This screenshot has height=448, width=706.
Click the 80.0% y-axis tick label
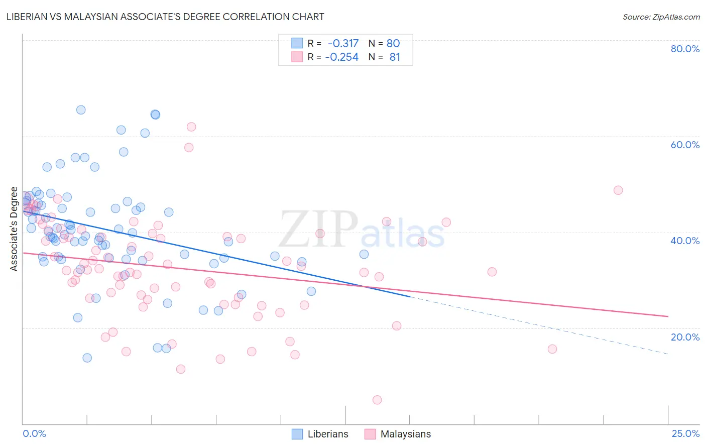pyautogui.click(x=685, y=49)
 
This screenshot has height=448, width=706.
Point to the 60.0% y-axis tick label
pyautogui.click(x=685, y=145)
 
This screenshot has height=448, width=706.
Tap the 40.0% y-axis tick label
pyautogui.click(x=685, y=241)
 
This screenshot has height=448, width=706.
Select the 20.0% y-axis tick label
pyautogui.click(x=685, y=337)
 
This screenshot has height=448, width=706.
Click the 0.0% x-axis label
pyautogui.click(x=34, y=433)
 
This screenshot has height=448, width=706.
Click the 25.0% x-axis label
pyautogui.click(x=685, y=433)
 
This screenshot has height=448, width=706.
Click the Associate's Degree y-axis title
pyautogui.click(x=14, y=229)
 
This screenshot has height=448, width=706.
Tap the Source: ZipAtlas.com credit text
pyautogui.click(x=661, y=17)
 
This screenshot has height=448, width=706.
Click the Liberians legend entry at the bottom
pyautogui.click(x=327, y=434)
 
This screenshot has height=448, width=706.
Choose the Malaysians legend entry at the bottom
pyautogui.click(x=405, y=434)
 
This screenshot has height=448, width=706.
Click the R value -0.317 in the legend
pyautogui.click(x=343, y=44)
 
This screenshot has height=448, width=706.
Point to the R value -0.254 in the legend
pyautogui.click(x=342, y=57)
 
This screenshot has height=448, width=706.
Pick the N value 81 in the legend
pyautogui.click(x=395, y=57)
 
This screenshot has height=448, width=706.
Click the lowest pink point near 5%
pyautogui.click(x=377, y=400)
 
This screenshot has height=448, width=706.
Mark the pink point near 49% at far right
pyautogui.click(x=618, y=190)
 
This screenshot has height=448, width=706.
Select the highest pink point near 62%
pyautogui.click(x=191, y=127)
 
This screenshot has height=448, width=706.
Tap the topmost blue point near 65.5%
pyautogui.click(x=81, y=110)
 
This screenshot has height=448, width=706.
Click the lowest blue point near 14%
pyautogui.click(x=87, y=358)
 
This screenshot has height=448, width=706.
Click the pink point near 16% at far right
pyautogui.click(x=552, y=349)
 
